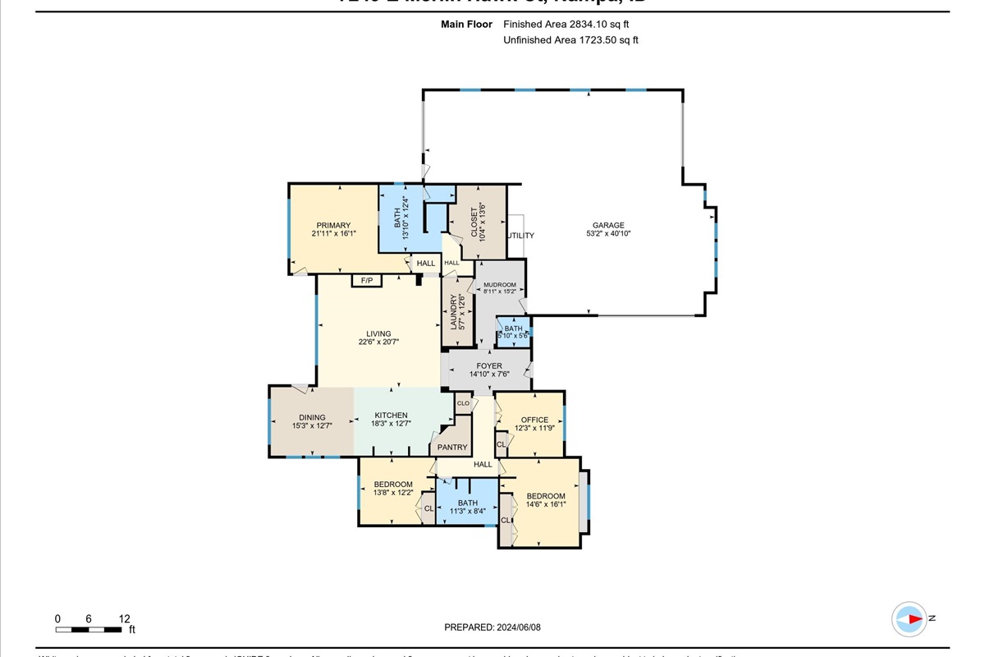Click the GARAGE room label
608,225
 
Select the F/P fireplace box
367,281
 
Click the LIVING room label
378,334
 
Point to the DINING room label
312,417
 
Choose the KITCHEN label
392,416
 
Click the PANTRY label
452,448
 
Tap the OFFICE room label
534,420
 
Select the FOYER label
489,366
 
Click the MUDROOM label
500,284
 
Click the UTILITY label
520,236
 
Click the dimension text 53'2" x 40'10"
608,234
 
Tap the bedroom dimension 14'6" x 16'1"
546,504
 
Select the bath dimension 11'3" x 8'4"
468,511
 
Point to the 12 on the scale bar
124,619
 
